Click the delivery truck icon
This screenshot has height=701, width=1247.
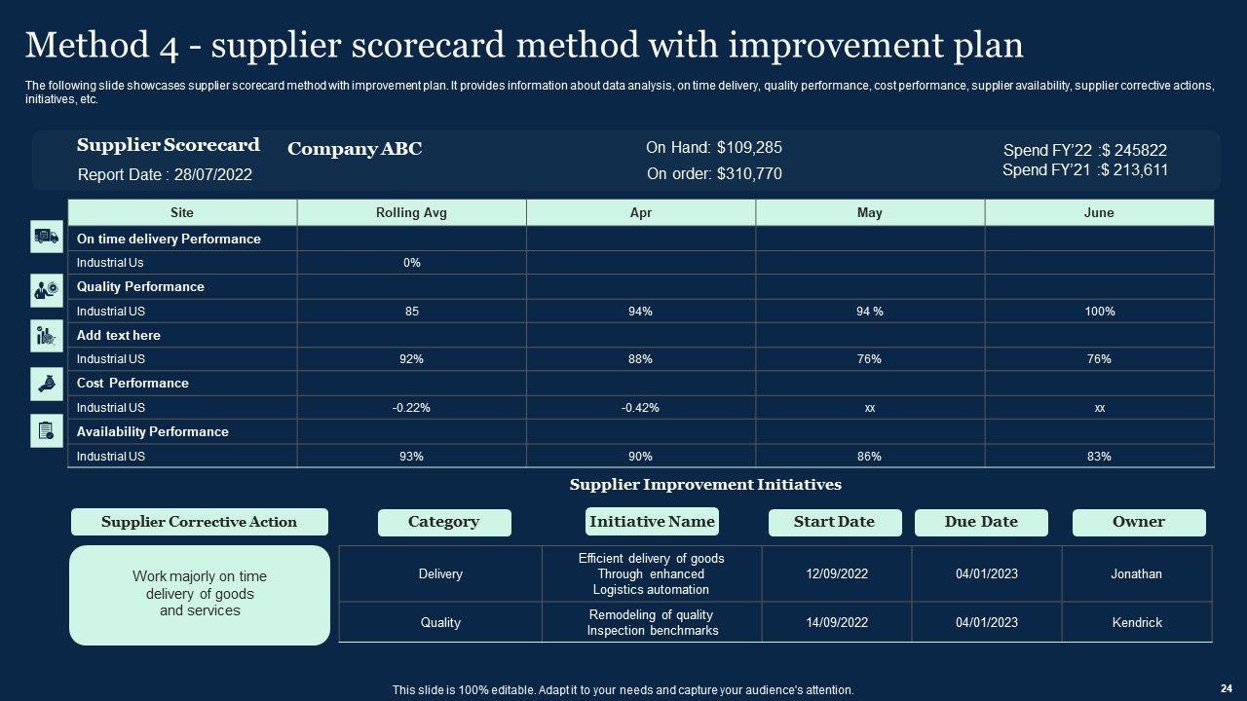click(x=47, y=237)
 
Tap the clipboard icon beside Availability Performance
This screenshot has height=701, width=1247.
click(x=47, y=430)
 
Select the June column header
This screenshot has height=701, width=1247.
click(x=1099, y=212)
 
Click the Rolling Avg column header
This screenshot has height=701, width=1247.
click(x=411, y=212)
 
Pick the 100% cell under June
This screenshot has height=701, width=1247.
click(x=1100, y=311)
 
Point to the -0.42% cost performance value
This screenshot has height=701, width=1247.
click(x=640, y=408)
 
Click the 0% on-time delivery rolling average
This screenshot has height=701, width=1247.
click(x=412, y=263)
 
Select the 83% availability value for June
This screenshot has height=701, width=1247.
click(x=1099, y=457)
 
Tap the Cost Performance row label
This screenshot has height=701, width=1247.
click(x=132, y=383)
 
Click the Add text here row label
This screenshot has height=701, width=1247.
click(x=119, y=335)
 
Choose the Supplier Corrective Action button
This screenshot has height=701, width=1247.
click(x=200, y=522)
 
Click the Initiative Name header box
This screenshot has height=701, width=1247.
click(x=652, y=521)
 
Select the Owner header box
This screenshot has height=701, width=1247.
click(x=1139, y=523)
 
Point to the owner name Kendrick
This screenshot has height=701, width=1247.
click(x=1137, y=622)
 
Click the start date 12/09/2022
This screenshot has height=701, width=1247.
click(x=837, y=573)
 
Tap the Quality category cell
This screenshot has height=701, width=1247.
click(x=440, y=622)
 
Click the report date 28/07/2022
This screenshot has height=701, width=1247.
click(x=213, y=174)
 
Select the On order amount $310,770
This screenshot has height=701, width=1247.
click(x=749, y=173)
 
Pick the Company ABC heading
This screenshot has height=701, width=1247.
click(x=355, y=149)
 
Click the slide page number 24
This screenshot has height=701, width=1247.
click(x=1227, y=688)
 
